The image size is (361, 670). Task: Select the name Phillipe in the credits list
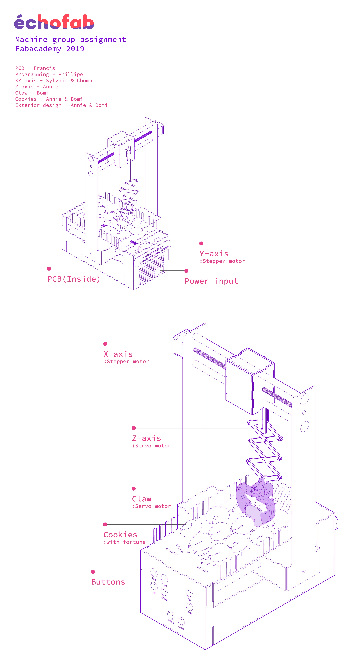point(71,74)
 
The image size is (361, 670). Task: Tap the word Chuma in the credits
point(84,81)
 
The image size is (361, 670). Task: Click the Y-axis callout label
point(214,254)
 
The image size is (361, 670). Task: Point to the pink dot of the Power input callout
point(186,271)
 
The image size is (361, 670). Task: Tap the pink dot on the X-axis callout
point(105,344)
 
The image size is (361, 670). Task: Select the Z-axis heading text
point(146,438)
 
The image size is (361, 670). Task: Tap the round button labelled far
point(189,593)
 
